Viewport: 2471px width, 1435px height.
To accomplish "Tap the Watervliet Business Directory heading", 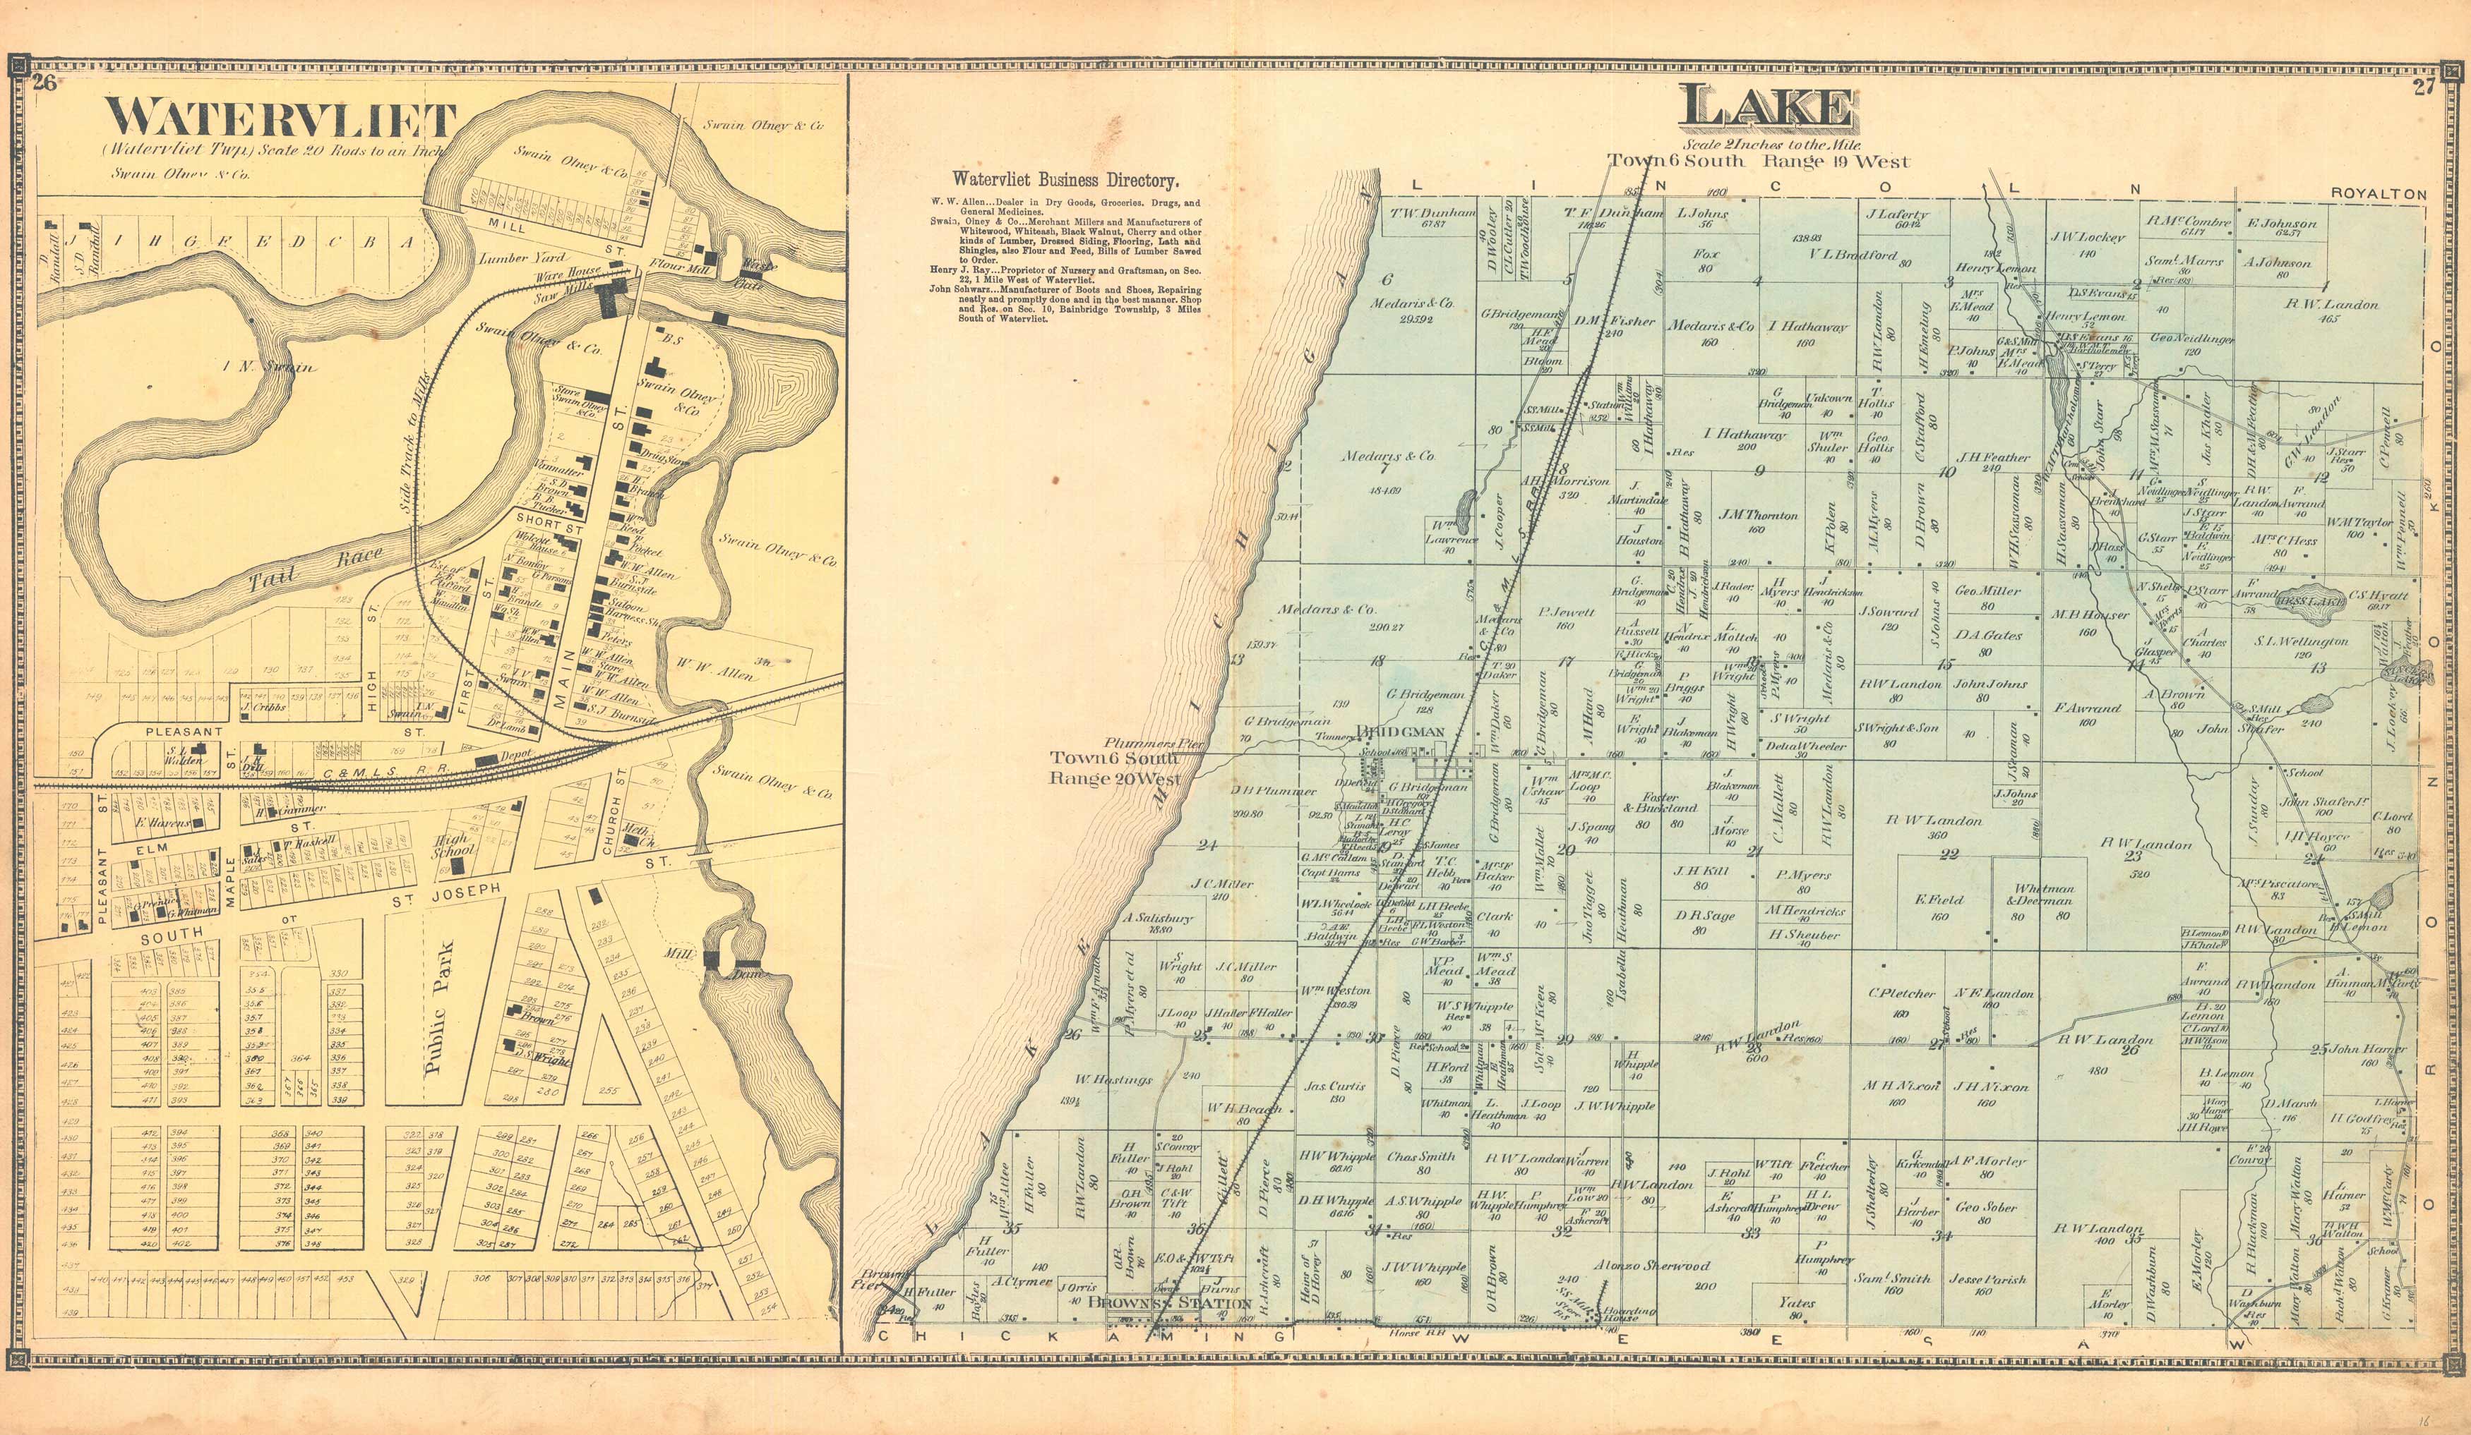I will pos(1066,181).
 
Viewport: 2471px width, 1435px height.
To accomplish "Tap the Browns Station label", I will pos(1169,1302).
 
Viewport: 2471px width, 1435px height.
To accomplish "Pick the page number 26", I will pos(43,83).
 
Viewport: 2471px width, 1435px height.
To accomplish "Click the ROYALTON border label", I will pos(2391,195).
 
